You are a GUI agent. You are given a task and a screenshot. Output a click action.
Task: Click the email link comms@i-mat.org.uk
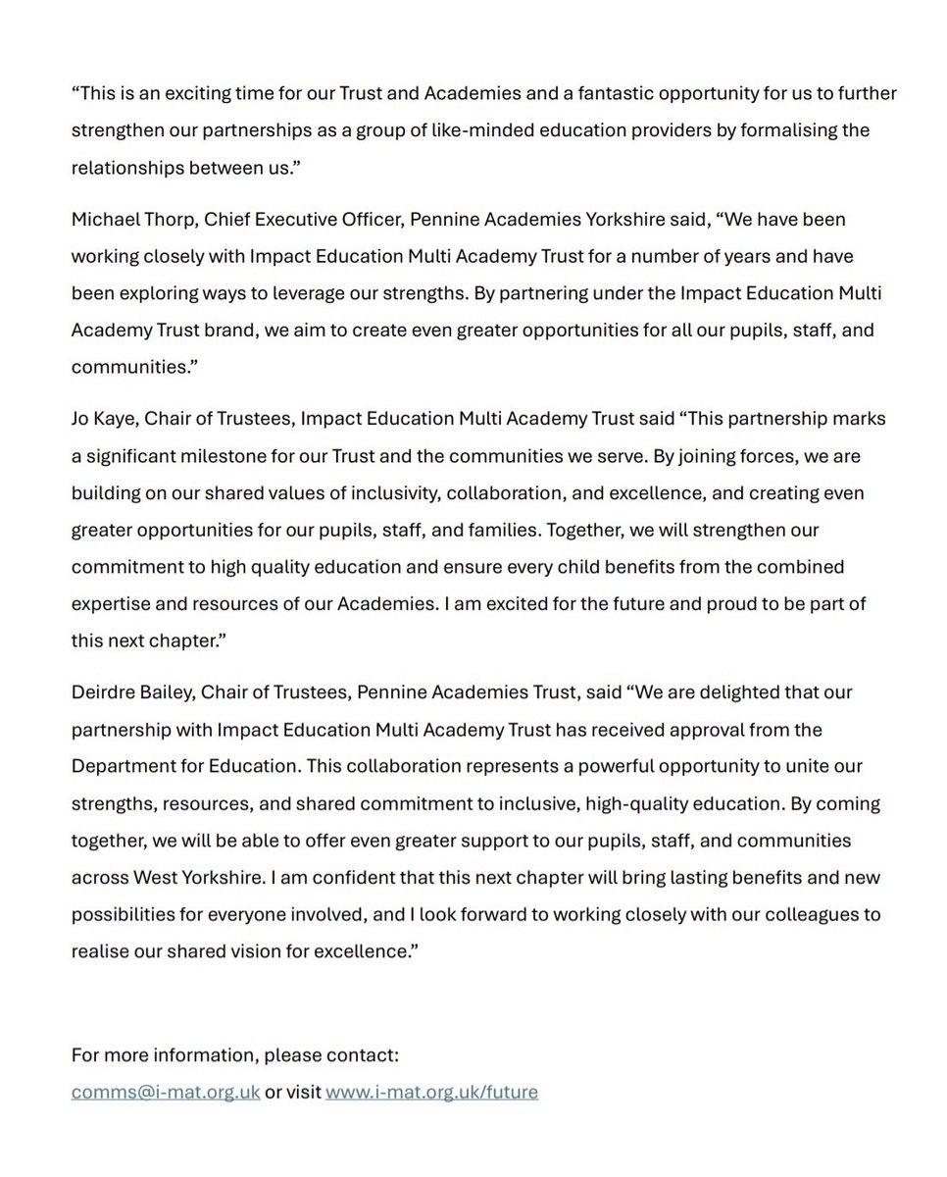pyautogui.click(x=166, y=1092)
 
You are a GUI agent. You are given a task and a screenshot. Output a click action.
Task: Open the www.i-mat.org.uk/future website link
pyautogui.click(x=431, y=1092)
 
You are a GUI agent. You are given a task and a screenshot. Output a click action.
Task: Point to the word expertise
pyautogui.click(x=109, y=603)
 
